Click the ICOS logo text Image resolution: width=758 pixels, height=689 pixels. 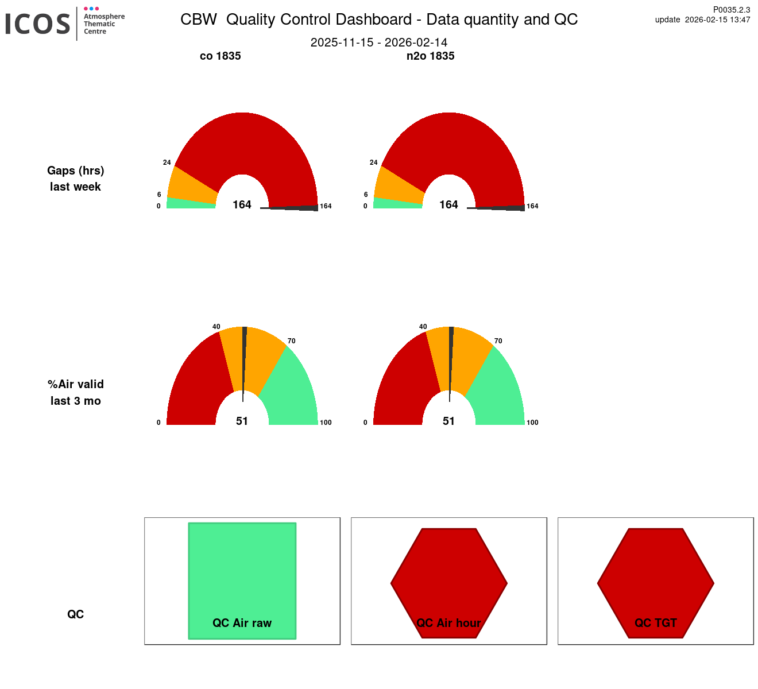coord(38,24)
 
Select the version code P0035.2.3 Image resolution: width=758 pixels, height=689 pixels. coord(731,10)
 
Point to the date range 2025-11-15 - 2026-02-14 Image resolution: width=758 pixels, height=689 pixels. coord(379,42)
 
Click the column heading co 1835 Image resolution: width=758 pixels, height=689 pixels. coord(220,56)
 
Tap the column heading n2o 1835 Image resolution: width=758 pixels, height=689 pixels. coord(430,56)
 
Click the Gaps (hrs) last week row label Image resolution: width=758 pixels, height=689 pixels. coord(76,179)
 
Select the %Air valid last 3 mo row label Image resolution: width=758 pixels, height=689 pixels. coord(76,393)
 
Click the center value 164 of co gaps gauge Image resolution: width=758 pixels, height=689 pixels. coord(242,205)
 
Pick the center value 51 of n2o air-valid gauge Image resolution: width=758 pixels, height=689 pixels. coord(448,421)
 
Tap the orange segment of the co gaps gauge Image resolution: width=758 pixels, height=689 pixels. coord(192,184)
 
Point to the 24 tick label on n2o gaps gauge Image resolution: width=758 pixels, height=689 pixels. coord(374,162)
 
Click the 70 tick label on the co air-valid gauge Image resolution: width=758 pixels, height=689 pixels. coord(292,341)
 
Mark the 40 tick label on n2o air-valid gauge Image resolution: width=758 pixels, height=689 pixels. coord(423,327)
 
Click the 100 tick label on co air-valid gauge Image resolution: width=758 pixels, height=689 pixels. coord(326,423)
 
